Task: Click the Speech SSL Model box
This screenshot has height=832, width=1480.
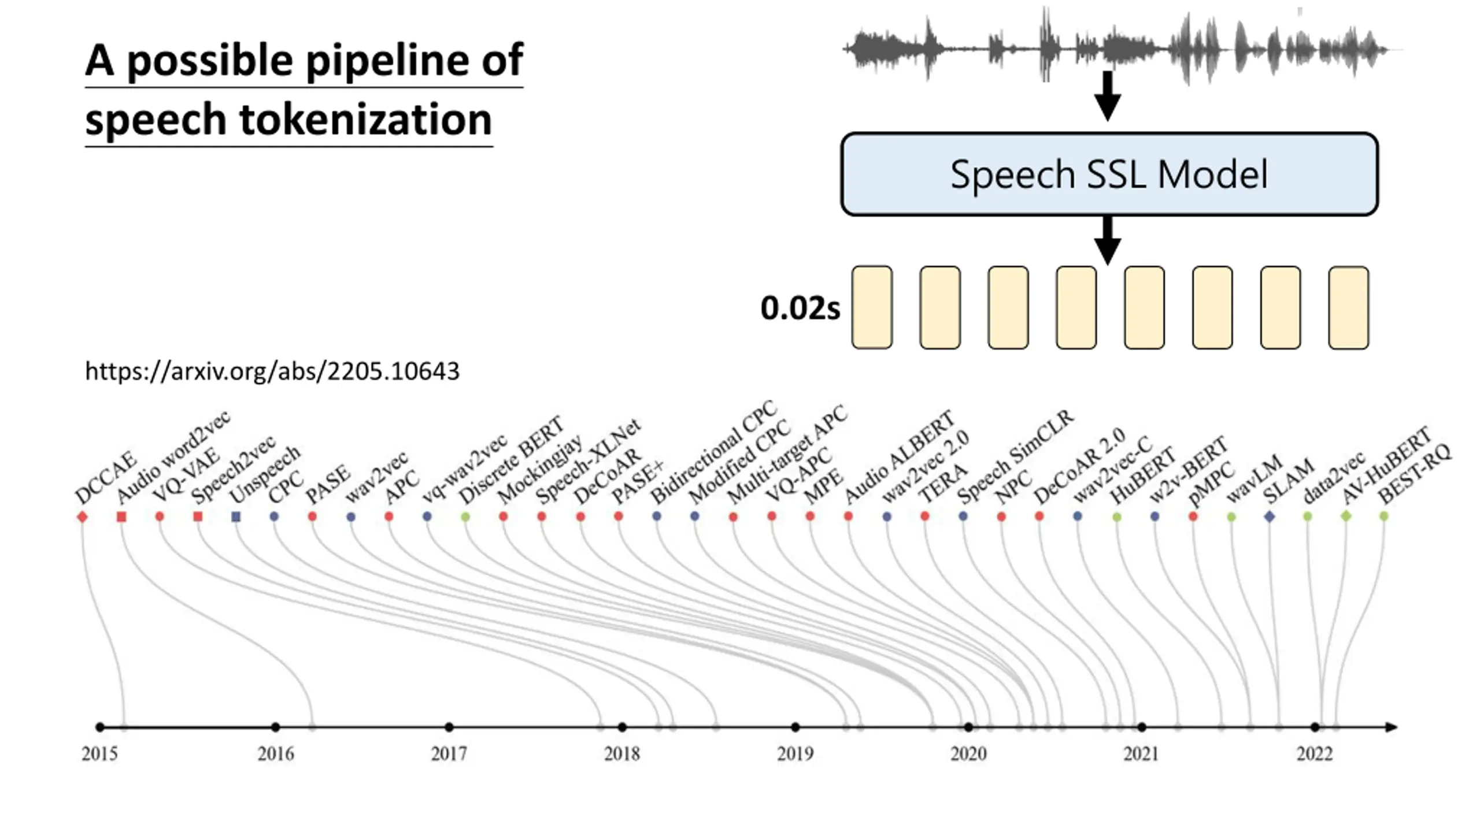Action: [x=1109, y=174]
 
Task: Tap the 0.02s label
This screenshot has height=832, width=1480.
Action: [x=800, y=308]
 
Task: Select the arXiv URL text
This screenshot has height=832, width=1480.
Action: [x=272, y=371]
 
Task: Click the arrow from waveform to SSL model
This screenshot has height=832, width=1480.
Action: [x=1107, y=96]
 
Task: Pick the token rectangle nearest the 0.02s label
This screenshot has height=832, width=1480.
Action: [x=872, y=307]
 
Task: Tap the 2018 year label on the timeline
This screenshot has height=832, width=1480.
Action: [x=622, y=753]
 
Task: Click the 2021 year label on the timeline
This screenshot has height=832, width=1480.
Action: [x=1141, y=753]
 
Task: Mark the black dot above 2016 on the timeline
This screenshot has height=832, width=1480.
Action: [x=276, y=727]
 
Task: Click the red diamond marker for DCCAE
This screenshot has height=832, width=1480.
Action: [x=82, y=517]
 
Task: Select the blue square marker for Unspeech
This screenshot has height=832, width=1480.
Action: [x=236, y=517]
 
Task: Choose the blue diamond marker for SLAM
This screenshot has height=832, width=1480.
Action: [x=1270, y=517]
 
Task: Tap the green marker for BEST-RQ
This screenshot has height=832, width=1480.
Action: [x=1383, y=516]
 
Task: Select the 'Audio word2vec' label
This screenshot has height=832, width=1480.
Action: [x=173, y=457]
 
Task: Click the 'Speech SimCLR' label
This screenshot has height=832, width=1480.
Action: [x=1016, y=457]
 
